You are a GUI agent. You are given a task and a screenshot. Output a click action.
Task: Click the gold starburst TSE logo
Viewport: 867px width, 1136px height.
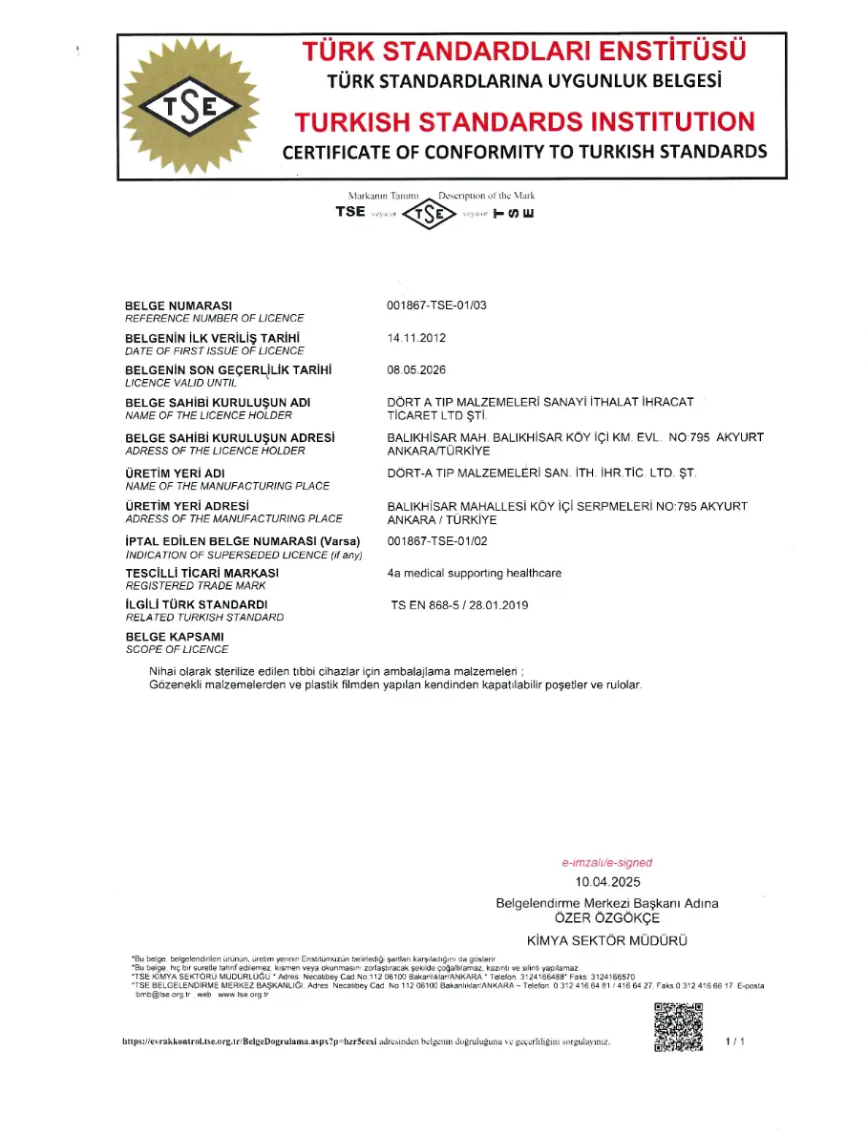(x=189, y=106)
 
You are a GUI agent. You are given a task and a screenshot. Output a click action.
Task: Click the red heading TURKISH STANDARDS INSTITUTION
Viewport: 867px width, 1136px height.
(x=524, y=121)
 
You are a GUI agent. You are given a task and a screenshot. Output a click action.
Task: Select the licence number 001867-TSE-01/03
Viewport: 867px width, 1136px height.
(x=436, y=305)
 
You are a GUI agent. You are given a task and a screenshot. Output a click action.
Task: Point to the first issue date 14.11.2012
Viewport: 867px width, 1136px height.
(x=416, y=338)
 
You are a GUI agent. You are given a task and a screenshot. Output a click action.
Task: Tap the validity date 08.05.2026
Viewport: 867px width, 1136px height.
(x=416, y=369)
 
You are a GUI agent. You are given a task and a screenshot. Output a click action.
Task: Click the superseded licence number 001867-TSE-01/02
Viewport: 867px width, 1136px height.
(x=436, y=541)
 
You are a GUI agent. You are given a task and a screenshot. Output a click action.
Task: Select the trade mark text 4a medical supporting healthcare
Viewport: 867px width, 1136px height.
(x=475, y=573)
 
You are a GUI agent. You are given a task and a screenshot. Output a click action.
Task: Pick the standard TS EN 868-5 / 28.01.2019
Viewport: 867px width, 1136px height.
(x=459, y=605)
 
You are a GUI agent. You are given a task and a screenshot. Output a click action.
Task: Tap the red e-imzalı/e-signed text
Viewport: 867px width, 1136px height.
(x=606, y=862)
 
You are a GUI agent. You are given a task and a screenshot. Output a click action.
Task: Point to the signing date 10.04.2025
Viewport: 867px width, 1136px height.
(x=607, y=882)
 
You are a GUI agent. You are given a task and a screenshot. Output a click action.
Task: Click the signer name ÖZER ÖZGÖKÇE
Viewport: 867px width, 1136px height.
(x=607, y=917)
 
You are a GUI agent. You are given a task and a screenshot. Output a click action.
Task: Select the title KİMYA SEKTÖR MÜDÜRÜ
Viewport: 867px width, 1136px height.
(x=607, y=940)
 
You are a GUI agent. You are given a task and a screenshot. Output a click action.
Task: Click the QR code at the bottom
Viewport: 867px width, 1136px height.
(x=678, y=1026)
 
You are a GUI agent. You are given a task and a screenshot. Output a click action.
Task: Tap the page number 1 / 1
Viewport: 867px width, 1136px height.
(x=734, y=1041)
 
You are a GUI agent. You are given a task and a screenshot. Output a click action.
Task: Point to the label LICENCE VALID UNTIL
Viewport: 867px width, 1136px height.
(x=180, y=382)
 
